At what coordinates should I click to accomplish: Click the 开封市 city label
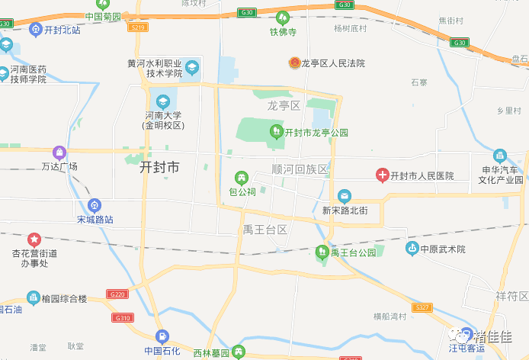pos(160,168)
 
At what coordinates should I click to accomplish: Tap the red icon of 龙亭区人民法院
pos(293,63)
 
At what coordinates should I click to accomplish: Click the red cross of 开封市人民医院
pos(382,175)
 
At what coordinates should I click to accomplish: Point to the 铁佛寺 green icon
pos(282,16)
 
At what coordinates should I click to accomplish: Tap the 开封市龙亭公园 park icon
pos(277,132)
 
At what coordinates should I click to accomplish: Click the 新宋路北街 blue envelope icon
pos(345,196)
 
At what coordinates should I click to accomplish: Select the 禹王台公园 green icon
pos(322,252)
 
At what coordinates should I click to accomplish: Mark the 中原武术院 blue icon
pos(412,249)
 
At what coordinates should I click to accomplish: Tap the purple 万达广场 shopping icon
pos(59,152)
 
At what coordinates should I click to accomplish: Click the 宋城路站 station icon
pos(94,204)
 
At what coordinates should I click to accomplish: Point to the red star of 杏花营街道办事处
pos(34,239)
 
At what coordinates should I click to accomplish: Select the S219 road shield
pos(138,27)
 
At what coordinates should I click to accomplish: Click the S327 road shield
pos(422,307)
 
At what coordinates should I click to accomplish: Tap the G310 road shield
pos(122,317)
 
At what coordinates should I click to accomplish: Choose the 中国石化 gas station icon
pos(162,336)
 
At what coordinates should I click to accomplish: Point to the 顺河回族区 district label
pos(300,169)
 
